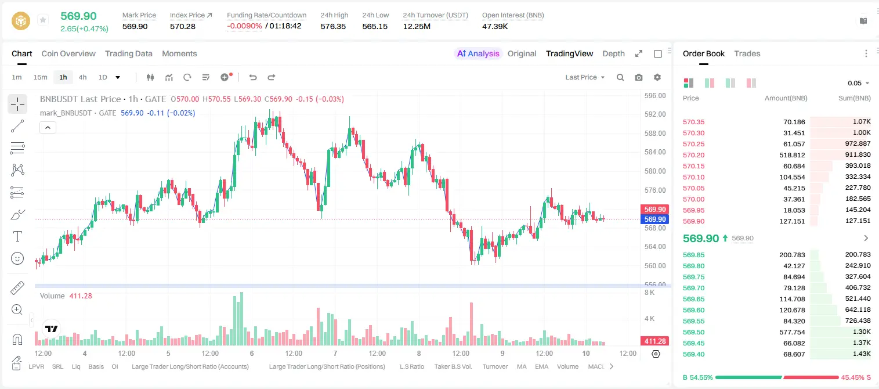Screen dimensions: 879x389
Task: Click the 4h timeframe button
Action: click(82, 77)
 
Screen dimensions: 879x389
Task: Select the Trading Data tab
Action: click(129, 53)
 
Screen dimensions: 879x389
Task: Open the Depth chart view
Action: click(613, 53)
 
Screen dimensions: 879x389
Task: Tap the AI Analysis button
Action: click(478, 53)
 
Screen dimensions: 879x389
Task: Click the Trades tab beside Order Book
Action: click(747, 53)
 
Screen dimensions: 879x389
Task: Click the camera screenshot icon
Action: click(639, 77)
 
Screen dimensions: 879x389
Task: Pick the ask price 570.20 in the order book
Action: click(693, 155)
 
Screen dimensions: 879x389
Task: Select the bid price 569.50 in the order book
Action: click(693, 332)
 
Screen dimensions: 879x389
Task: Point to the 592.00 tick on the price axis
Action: click(655, 114)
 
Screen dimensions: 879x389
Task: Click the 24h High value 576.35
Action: click(333, 26)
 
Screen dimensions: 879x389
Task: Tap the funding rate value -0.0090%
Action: click(244, 26)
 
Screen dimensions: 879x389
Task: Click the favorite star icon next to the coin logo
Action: click(43, 20)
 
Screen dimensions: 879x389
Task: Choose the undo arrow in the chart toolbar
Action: click(253, 77)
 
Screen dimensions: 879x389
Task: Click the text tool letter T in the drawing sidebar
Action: click(17, 236)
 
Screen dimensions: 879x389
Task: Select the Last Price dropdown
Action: click(585, 77)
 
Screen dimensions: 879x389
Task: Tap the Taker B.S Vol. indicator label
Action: click(453, 366)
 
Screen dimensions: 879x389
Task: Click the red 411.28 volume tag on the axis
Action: click(654, 341)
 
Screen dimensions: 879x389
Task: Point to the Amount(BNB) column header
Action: click(786, 98)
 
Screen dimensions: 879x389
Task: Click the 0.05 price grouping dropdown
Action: click(858, 83)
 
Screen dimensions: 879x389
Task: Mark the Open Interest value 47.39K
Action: click(495, 26)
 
